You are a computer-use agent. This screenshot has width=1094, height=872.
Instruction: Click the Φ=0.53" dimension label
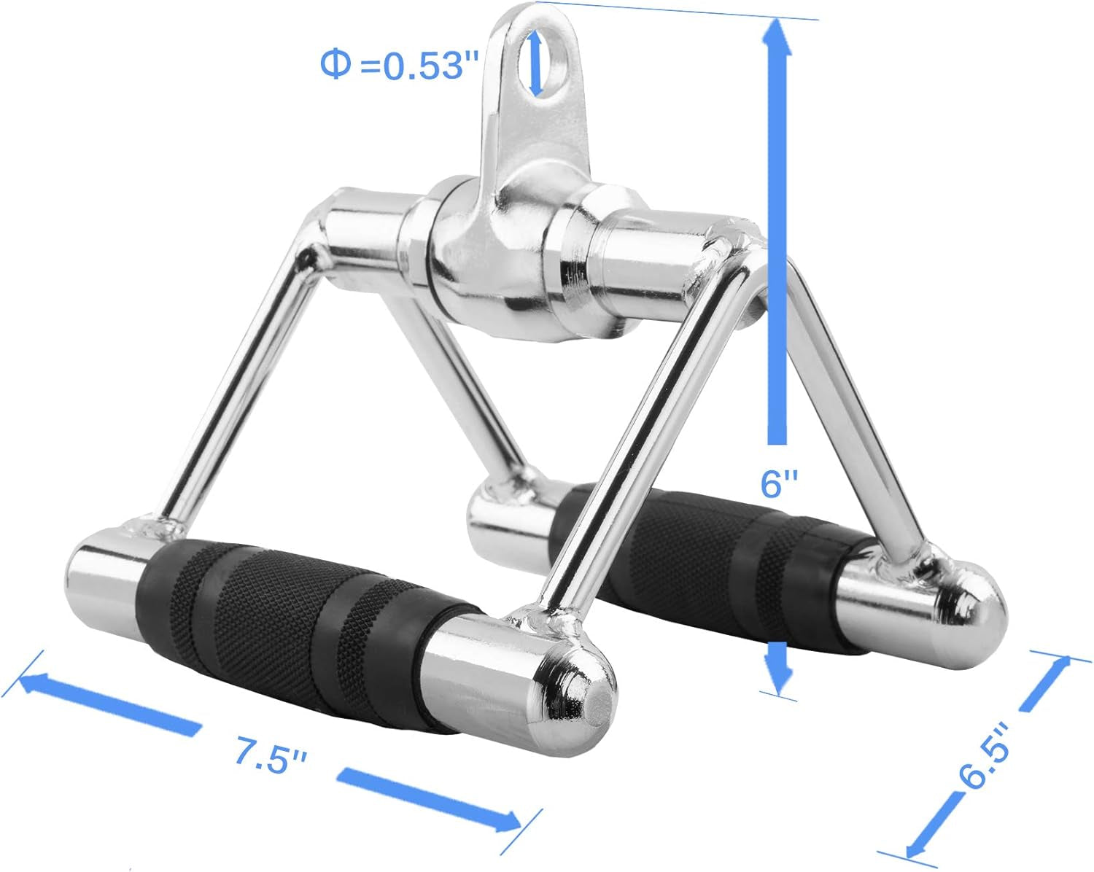coord(392,66)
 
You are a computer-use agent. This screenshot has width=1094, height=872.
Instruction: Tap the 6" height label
coord(780,483)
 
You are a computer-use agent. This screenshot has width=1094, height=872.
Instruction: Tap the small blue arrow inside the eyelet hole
coord(538,63)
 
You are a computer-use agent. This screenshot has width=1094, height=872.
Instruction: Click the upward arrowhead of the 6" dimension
coord(778,36)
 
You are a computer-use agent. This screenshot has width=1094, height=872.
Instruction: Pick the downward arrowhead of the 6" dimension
coord(780,678)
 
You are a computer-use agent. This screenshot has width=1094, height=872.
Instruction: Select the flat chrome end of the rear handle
coord(503,514)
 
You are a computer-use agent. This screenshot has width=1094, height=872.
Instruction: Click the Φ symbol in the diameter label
coord(335,65)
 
